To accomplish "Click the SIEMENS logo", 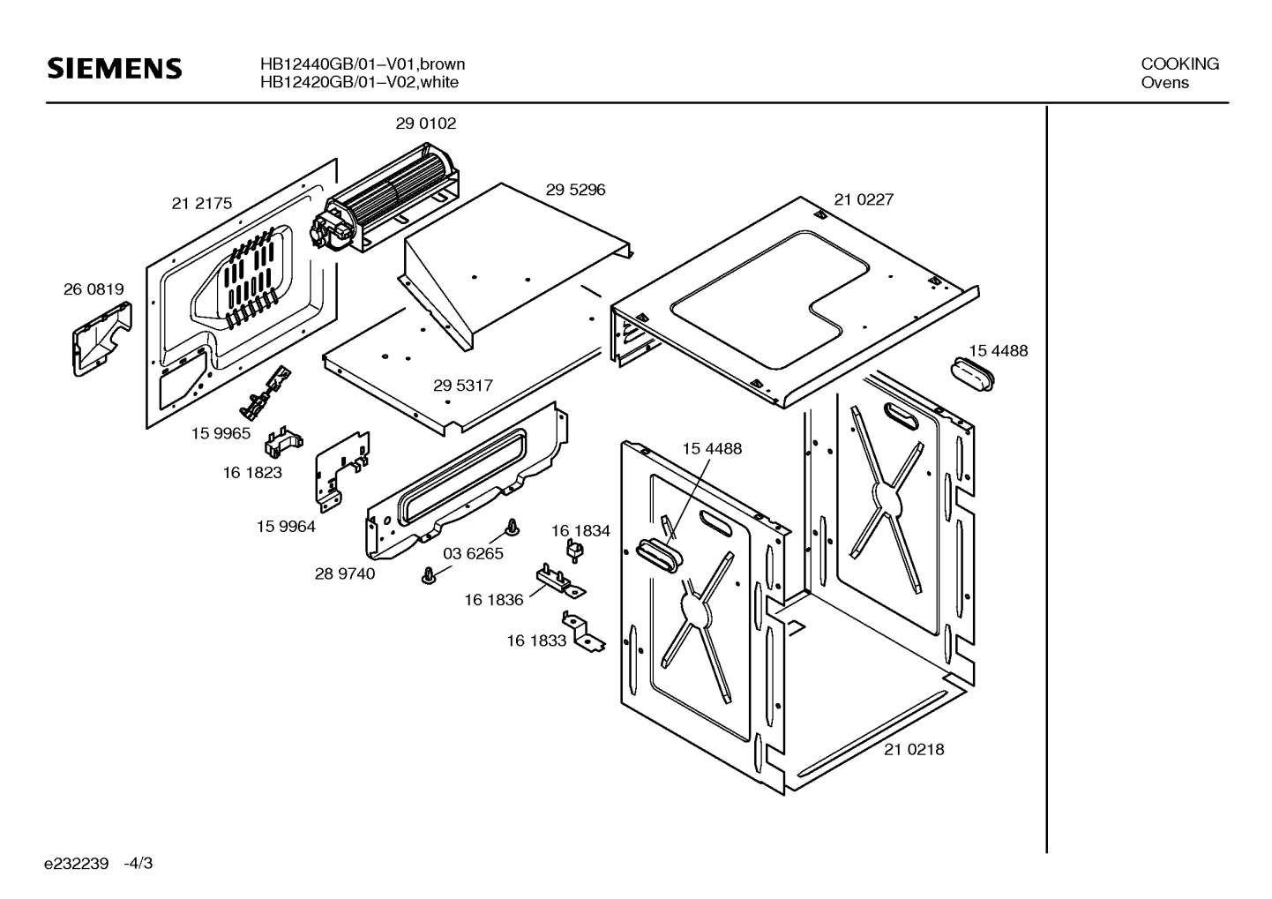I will click(115, 69).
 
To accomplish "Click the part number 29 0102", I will click(425, 124).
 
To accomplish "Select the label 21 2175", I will click(201, 204).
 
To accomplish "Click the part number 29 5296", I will click(575, 190).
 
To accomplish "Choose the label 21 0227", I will click(864, 199).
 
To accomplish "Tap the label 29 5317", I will click(462, 386).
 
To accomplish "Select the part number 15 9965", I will click(221, 433).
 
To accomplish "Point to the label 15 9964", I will click(286, 527).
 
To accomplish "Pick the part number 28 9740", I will click(344, 573).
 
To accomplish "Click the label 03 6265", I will click(473, 554).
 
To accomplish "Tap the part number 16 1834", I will click(580, 530).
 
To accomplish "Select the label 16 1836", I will click(493, 600).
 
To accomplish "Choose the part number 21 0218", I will click(914, 749).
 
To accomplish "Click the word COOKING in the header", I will click(1179, 64).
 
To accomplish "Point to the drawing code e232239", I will click(77, 863).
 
